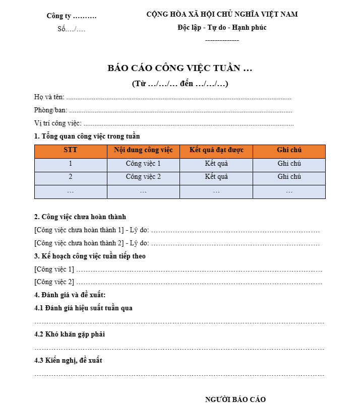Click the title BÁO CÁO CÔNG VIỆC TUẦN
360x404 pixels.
[x=179, y=69]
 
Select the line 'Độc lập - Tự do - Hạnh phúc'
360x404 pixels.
[x=222, y=28]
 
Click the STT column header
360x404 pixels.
[x=71, y=150]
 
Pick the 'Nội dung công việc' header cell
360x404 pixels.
[x=143, y=150]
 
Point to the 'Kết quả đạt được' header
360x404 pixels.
[x=216, y=150]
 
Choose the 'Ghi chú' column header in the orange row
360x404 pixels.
[x=289, y=150]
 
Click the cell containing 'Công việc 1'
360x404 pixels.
[x=143, y=164]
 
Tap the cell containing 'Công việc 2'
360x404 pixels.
[x=143, y=177]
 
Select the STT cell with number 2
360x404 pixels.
[x=71, y=177]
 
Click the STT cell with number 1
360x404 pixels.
[x=71, y=164]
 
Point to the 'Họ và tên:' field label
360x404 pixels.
[x=49, y=97]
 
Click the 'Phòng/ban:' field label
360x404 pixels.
[x=50, y=110]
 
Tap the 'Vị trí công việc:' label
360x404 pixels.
[x=57, y=123]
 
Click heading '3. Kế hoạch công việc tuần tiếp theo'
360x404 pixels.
[x=90, y=256]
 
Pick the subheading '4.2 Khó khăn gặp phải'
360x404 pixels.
[x=70, y=334]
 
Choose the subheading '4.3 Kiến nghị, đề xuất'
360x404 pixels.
[x=68, y=360]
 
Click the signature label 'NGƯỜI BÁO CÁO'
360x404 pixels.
[x=235, y=399]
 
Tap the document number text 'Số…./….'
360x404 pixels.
[x=72, y=29]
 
